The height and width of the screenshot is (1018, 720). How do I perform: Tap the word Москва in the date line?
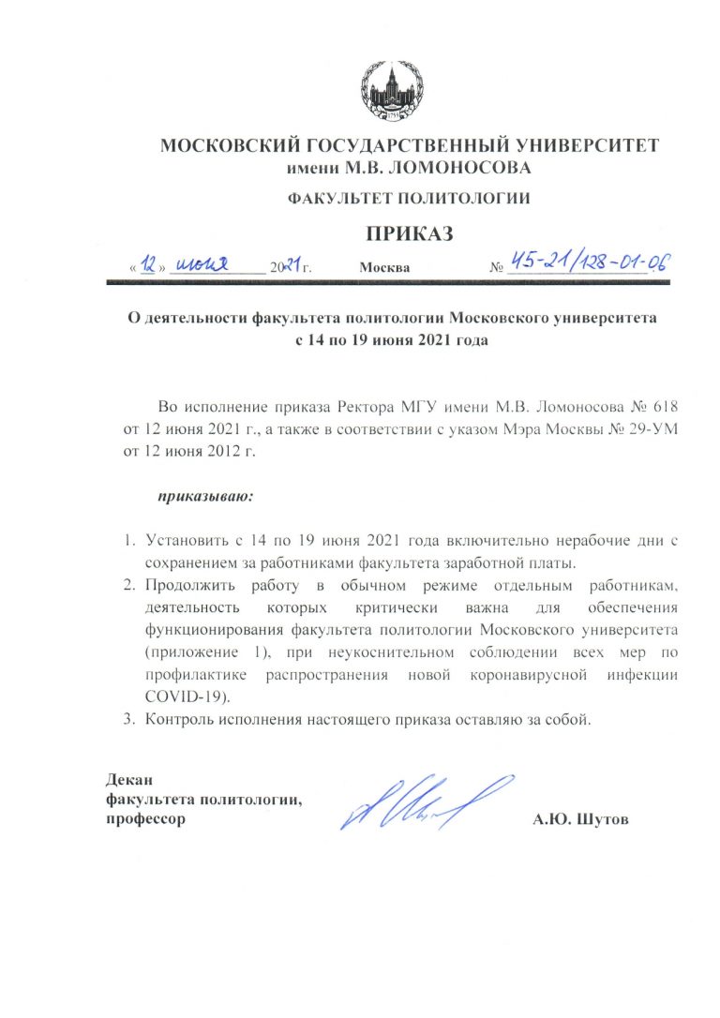coord(384,268)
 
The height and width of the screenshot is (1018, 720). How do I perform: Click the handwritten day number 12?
coord(149,264)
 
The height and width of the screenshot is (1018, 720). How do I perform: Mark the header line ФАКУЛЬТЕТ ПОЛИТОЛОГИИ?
coord(409,200)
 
